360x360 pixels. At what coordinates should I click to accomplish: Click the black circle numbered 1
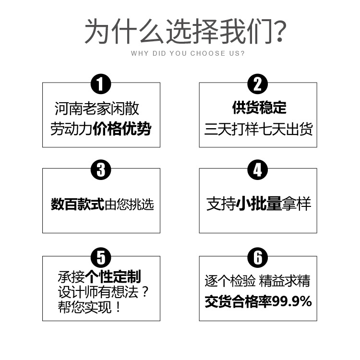[101, 85]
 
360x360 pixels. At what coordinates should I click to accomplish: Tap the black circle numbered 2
[258, 85]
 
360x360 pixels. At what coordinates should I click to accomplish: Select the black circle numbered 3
[101, 170]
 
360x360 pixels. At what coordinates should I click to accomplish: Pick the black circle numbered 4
[258, 170]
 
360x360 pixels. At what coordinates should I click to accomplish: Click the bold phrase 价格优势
[122, 129]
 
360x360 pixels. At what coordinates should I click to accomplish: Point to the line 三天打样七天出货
[259, 129]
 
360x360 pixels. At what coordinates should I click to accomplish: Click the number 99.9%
[292, 301]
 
